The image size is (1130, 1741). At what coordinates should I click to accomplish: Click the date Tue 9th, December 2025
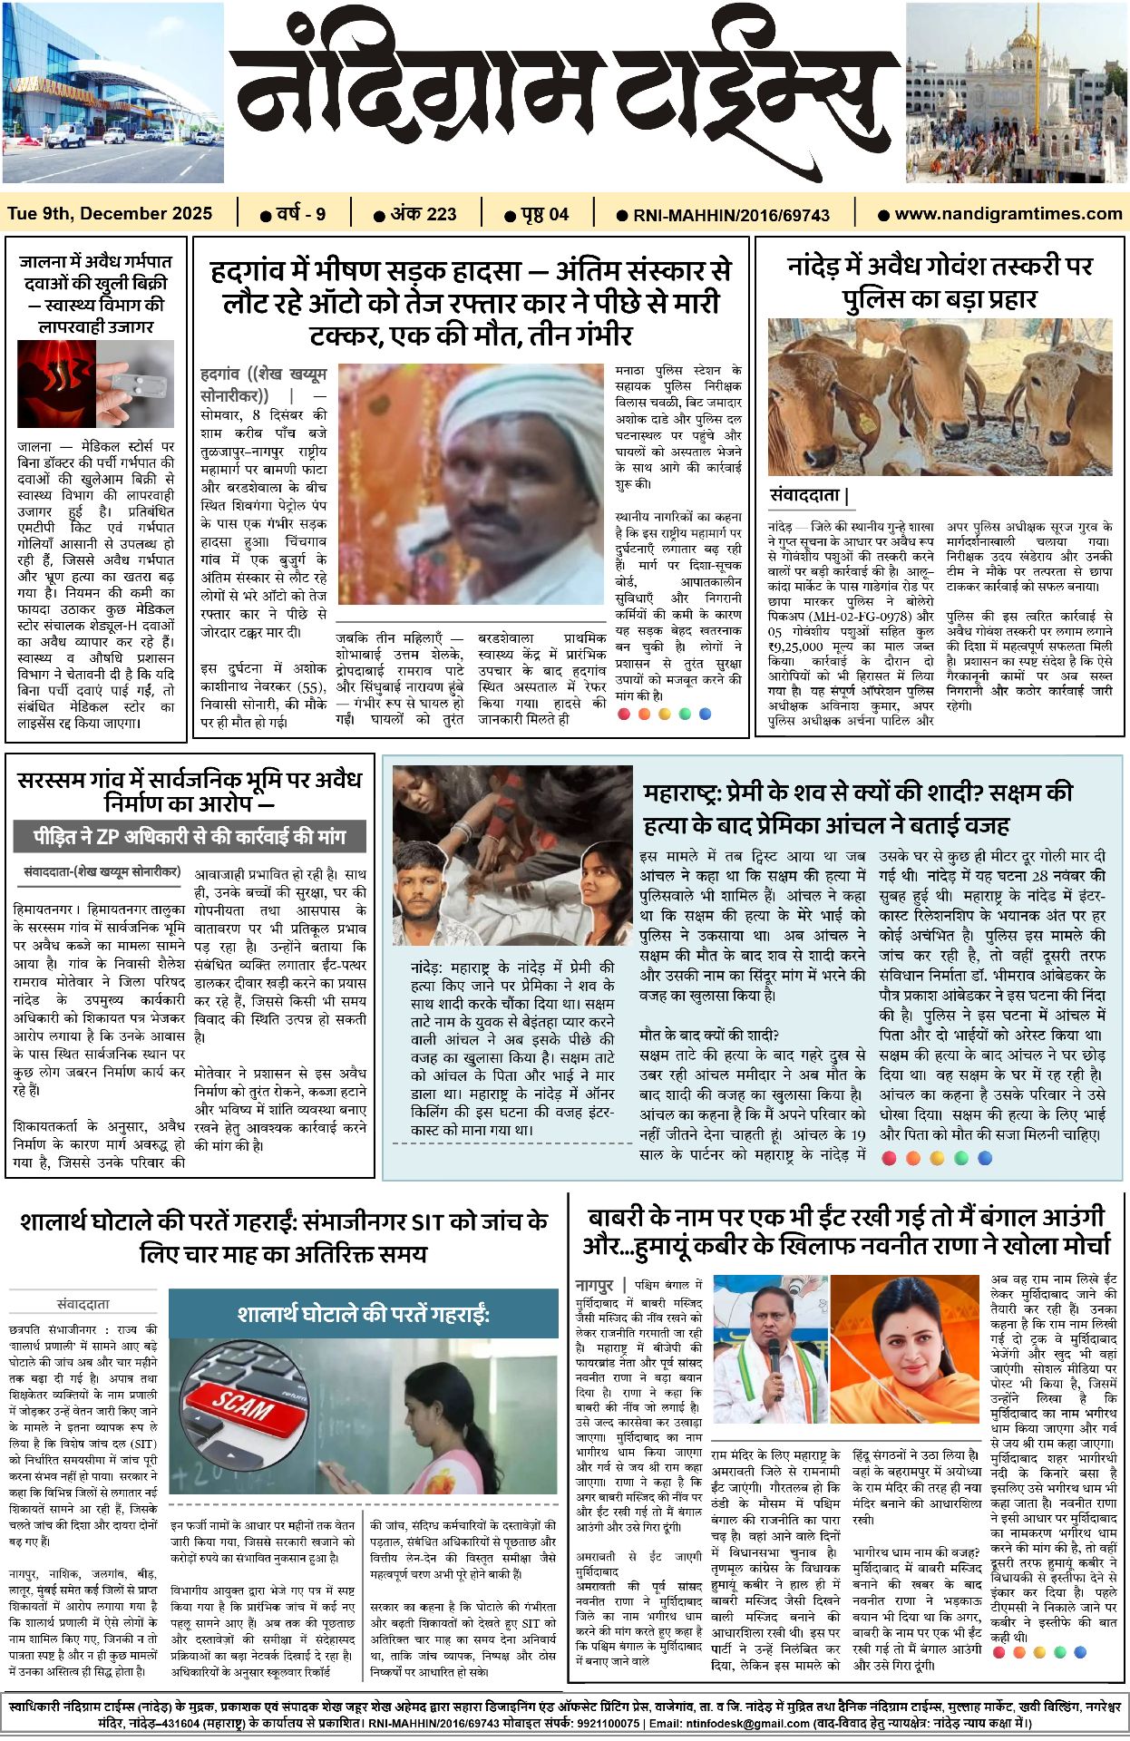click(110, 214)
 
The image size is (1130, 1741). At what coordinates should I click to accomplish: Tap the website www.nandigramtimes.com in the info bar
click(1008, 214)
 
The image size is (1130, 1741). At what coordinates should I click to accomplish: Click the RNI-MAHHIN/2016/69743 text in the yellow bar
click(731, 215)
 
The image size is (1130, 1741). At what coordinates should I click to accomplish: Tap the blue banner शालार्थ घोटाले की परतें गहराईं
click(363, 1314)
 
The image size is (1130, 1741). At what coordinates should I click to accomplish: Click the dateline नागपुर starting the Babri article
click(594, 1285)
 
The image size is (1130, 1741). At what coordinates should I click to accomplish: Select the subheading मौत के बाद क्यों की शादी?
click(709, 1035)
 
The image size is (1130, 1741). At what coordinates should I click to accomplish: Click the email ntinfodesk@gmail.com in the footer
click(731, 1723)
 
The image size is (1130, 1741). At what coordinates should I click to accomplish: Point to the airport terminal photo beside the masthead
click(112, 92)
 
